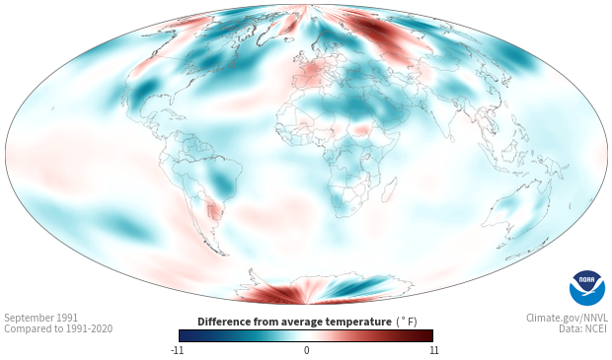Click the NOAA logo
587,288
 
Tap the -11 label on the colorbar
177,350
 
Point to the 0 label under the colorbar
306,350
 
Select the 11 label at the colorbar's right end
433,350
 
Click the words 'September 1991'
41,318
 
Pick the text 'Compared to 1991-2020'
58,328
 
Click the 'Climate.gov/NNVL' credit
567,318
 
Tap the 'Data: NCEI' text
583,328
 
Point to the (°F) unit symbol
407,323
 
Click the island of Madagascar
389,189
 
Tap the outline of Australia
515,208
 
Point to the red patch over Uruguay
214,211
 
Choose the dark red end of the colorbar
426,335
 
